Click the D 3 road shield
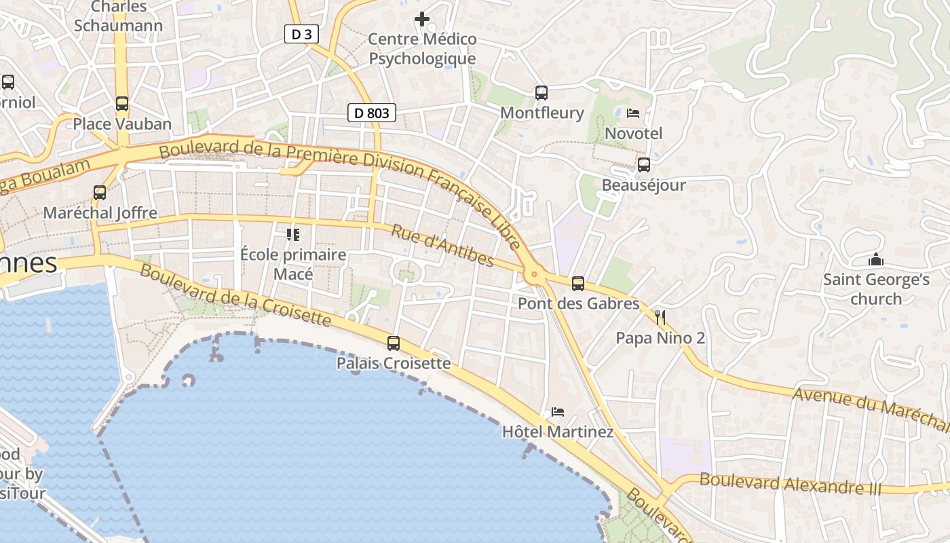[301, 34]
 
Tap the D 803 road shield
[372, 113]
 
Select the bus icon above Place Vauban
[122, 104]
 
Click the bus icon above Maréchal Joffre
[100, 193]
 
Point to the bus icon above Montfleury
[541, 93]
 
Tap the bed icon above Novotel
[633, 113]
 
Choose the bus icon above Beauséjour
[643, 165]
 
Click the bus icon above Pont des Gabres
[578, 284]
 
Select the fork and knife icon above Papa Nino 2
[660, 317]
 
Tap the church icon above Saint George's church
[876, 259]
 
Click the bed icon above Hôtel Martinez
[558, 411]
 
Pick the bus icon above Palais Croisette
[394, 343]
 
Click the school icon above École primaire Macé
[293, 235]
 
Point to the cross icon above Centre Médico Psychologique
[422, 19]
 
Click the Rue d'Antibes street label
[442, 246]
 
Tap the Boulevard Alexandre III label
[790, 484]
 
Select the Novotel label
[633, 133]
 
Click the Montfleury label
[541, 113]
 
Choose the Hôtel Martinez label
[558, 432]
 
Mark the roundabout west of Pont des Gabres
[535, 275]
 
